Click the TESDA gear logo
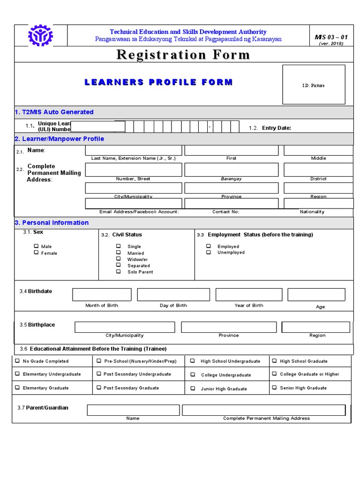click(x=41, y=36)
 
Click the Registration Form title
click(x=183, y=55)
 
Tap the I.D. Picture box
click(x=313, y=85)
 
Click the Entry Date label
click(x=277, y=128)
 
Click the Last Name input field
click(x=133, y=150)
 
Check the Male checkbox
click(x=36, y=246)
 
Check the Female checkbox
click(x=36, y=253)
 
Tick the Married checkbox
click(x=119, y=253)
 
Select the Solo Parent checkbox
click(x=119, y=271)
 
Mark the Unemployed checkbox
click(x=209, y=252)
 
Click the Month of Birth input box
click(x=102, y=294)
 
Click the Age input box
click(x=316, y=294)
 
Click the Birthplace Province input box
click(x=228, y=327)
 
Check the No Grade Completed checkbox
click(x=17, y=361)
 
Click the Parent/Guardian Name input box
click(x=133, y=410)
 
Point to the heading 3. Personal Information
click(x=52, y=223)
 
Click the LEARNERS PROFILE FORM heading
click(x=158, y=82)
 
